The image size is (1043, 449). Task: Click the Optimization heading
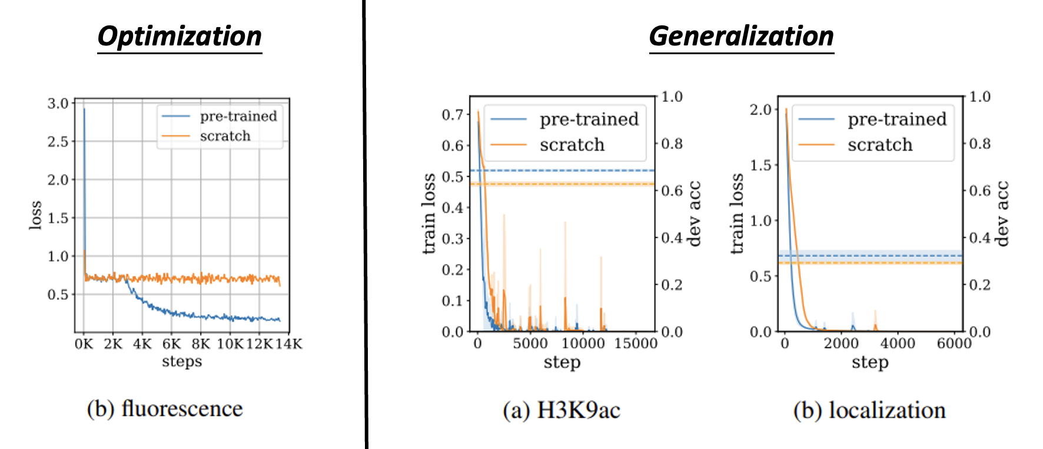click(180, 37)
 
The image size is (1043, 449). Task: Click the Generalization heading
click(741, 37)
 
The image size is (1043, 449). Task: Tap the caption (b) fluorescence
click(165, 408)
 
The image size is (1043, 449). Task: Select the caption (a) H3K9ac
click(561, 410)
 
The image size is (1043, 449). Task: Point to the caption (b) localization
click(869, 410)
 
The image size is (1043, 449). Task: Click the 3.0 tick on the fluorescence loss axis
click(58, 104)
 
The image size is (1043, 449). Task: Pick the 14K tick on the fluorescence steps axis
click(288, 344)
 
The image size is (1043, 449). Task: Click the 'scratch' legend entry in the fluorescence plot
click(225, 136)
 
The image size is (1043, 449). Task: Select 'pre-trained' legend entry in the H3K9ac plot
click(589, 120)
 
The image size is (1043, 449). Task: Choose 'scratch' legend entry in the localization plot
click(879, 145)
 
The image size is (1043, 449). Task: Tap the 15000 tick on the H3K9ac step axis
click(636, 344)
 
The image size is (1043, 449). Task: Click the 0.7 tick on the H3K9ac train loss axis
click(453, 114)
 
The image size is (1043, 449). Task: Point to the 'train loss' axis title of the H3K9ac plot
click(429, 213)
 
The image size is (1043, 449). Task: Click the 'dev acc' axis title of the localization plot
click(1001, 213)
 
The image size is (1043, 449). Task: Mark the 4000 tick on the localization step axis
click(898, 344)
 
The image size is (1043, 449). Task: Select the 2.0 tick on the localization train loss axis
click(760, 110)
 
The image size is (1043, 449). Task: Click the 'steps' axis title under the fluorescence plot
click(182, 361)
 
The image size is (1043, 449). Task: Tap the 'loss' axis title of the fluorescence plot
click(36, 215)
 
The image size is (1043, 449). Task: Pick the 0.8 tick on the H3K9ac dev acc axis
click(672, 144)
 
